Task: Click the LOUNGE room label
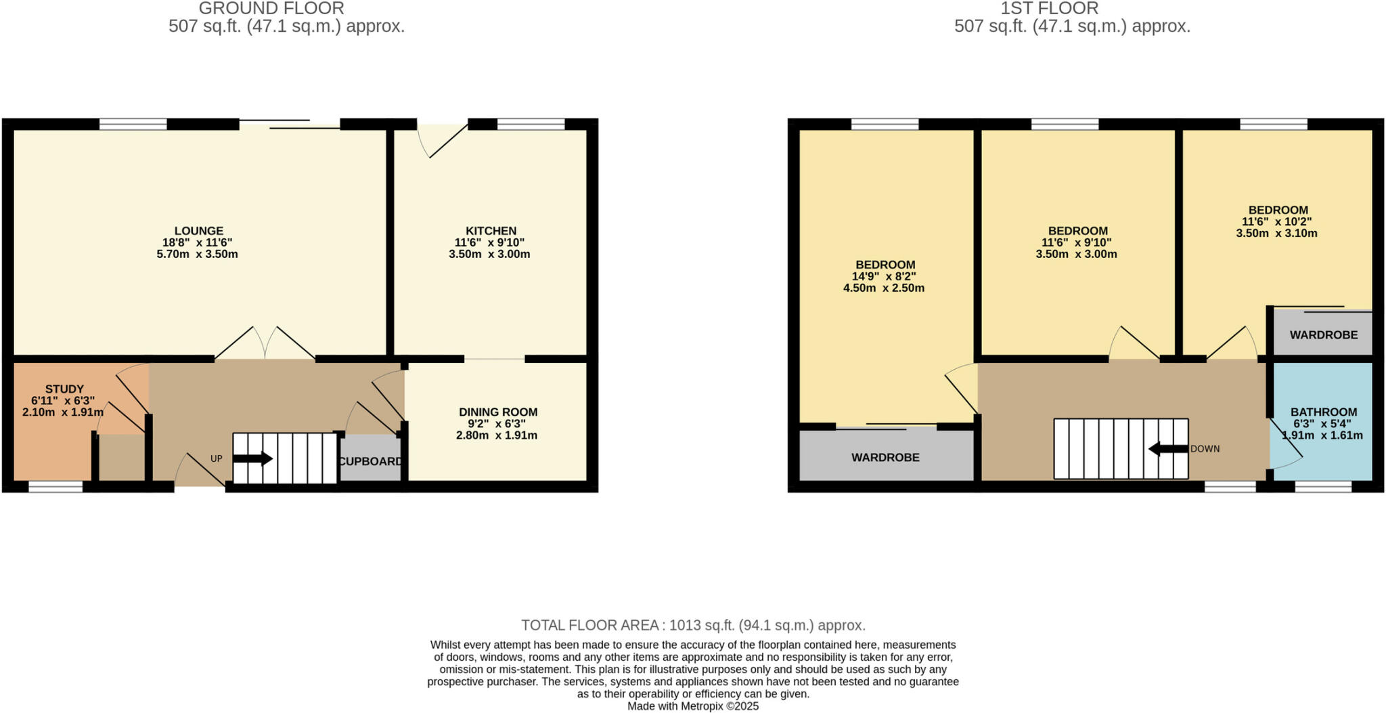click(x=198, y=231)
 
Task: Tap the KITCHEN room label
click(x=491, y=231)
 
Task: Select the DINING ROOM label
click(x=498, y=412)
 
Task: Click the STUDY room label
click(x=64, y=389)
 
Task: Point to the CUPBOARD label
click(x=370, y=462)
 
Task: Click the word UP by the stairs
click(x=216, y=458)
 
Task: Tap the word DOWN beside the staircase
click(x=1205, y=449)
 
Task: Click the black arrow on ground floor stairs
click(x=252, y=459)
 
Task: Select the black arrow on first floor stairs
click(x=1168, y=449)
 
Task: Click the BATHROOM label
click(x=1323, y=412)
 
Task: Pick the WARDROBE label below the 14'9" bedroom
click(x=885, y=458)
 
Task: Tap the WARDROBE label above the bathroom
click(x=1323, y=335)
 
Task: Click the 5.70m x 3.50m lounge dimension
click(x=197, y=255)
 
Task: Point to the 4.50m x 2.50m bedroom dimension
click(x=883, y=288)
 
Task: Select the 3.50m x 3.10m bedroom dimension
click(x=1276, y=233)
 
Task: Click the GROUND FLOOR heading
click(x=271, y=9)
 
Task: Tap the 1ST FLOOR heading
click(x=1050, y=9)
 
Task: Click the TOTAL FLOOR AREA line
click(x=693, y=625)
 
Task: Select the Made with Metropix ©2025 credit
click(x=693, y=706)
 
